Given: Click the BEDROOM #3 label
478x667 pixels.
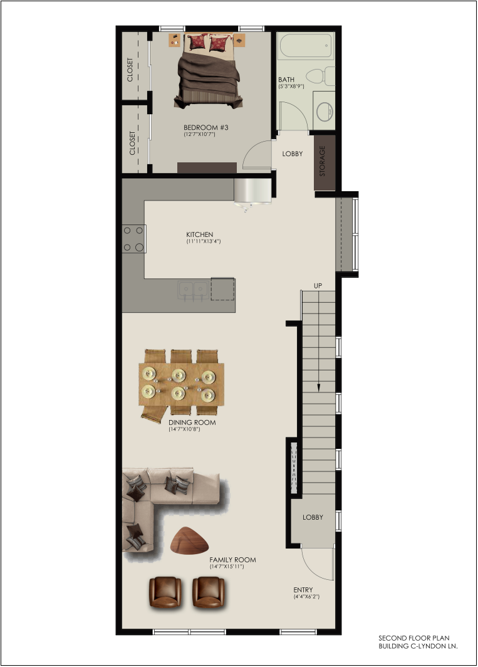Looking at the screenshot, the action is click(206, 127).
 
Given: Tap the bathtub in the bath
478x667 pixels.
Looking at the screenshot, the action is click(305, 47).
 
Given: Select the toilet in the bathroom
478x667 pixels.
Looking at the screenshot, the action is click(321, 76).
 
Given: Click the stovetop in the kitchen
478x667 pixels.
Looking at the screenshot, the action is click(133, 239).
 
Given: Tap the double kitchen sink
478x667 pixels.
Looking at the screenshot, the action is click(194, 290).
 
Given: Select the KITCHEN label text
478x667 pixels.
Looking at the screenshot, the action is click(199, 234).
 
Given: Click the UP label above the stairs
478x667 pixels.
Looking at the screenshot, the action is click(318, 286).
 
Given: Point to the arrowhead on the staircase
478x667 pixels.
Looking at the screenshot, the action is click(318, 387).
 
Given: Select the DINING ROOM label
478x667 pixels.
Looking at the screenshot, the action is click(192, 423).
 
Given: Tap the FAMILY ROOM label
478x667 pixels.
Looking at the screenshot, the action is click(232, 560).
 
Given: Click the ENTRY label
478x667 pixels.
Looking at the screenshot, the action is click(303, 589).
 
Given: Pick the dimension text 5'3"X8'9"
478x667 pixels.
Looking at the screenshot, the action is click(291, 87).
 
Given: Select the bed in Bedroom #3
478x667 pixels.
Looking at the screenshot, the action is click(208, 71).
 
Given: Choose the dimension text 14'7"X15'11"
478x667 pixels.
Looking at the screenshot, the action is click(227, 567).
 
